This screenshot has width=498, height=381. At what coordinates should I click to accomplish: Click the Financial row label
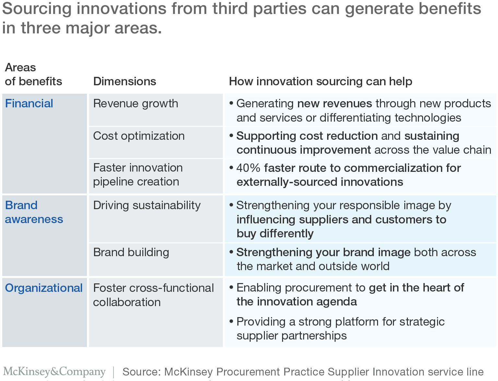point(29,103)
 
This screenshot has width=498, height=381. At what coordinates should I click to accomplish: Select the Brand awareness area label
point(34,212)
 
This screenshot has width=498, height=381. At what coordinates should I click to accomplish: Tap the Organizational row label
point(43,288)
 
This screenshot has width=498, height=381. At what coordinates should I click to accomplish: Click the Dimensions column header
point(124,81)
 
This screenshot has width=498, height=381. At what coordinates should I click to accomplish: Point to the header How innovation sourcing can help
point(321,81)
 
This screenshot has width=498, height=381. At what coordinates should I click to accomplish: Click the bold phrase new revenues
point(335,104)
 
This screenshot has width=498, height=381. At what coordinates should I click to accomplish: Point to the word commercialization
point(393,168)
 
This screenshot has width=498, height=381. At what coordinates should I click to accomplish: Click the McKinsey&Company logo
point(54,372)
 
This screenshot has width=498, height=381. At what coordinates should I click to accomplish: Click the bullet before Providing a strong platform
point(231,321)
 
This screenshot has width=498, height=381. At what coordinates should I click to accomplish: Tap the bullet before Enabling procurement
point(231,288)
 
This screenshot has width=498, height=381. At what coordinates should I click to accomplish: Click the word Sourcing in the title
point(37,9)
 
